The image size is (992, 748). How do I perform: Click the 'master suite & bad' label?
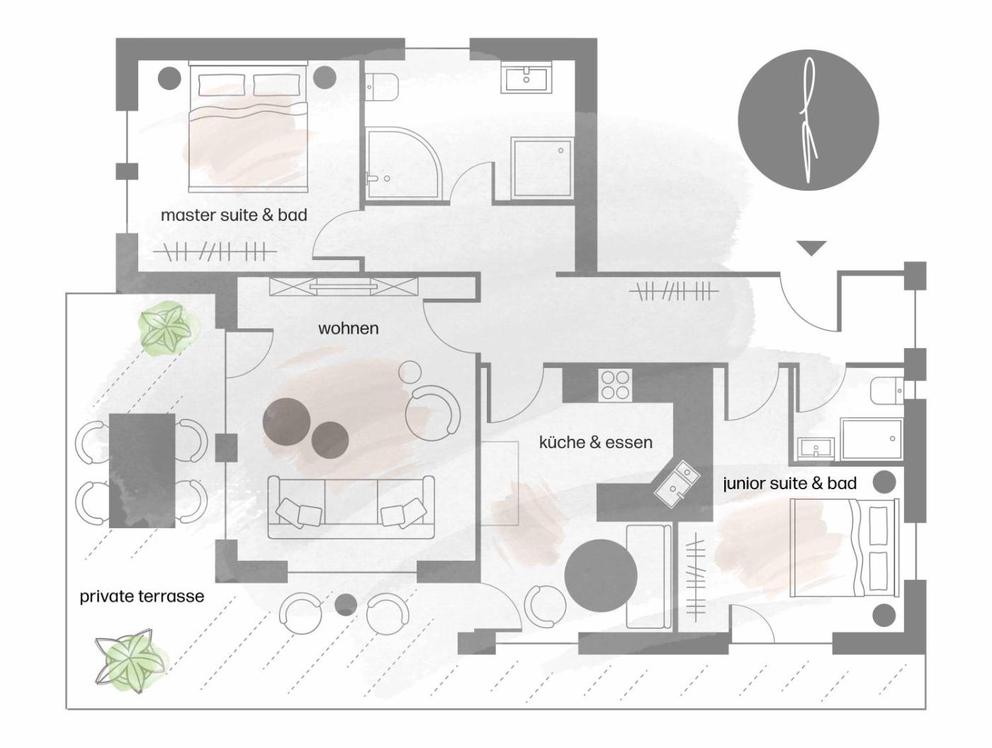tap(234, 215)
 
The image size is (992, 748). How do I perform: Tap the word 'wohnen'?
tap(349, 328)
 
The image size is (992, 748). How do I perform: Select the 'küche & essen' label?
tap(596, 442)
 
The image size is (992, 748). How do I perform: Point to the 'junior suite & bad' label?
tap(789, 484)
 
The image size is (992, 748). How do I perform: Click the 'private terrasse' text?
tap(142, 596)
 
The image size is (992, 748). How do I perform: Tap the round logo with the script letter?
tap(808, 120)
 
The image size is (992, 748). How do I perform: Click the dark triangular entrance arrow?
tap(812, 248)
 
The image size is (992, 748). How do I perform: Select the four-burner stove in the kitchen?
tap(615, 385)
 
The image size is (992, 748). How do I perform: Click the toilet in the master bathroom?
tap(381, 86)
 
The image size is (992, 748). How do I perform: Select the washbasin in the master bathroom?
tap(526, 79)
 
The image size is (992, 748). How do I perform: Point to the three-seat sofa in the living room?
tap(351, 507)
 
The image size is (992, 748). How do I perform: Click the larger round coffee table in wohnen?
tap(286, 420)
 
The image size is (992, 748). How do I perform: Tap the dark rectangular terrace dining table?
tap(142, 470)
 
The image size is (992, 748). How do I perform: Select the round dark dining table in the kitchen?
tap(601, 576)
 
